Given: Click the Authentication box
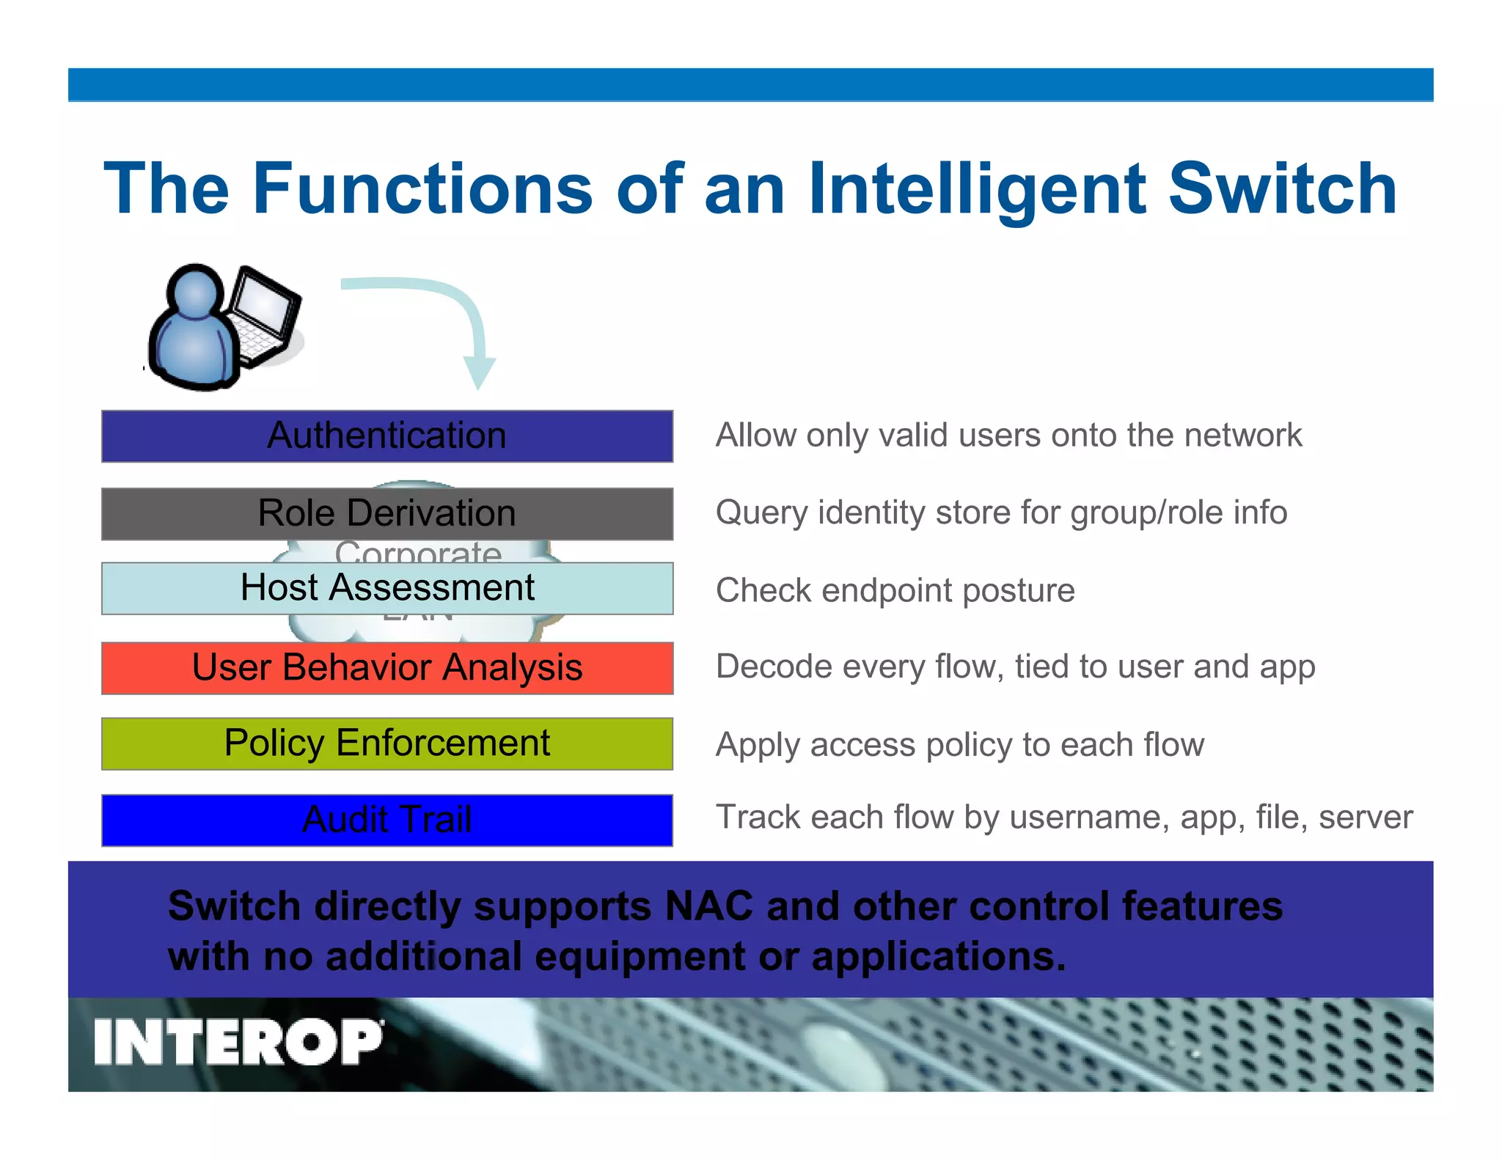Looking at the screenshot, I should pos(387,436).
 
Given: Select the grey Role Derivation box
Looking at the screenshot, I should pos(387,513).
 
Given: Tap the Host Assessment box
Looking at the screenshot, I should pos(387,588).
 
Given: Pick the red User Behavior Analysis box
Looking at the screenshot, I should pos(387,668).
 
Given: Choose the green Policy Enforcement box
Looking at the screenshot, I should pos(387,744).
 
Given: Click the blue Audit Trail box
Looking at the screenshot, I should pos(387,820).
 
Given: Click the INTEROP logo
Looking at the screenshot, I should pos(238,1042).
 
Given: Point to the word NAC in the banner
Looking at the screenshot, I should pos(708,906).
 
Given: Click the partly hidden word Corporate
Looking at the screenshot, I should pos(418,551).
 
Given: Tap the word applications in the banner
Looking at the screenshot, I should pos(938,957).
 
